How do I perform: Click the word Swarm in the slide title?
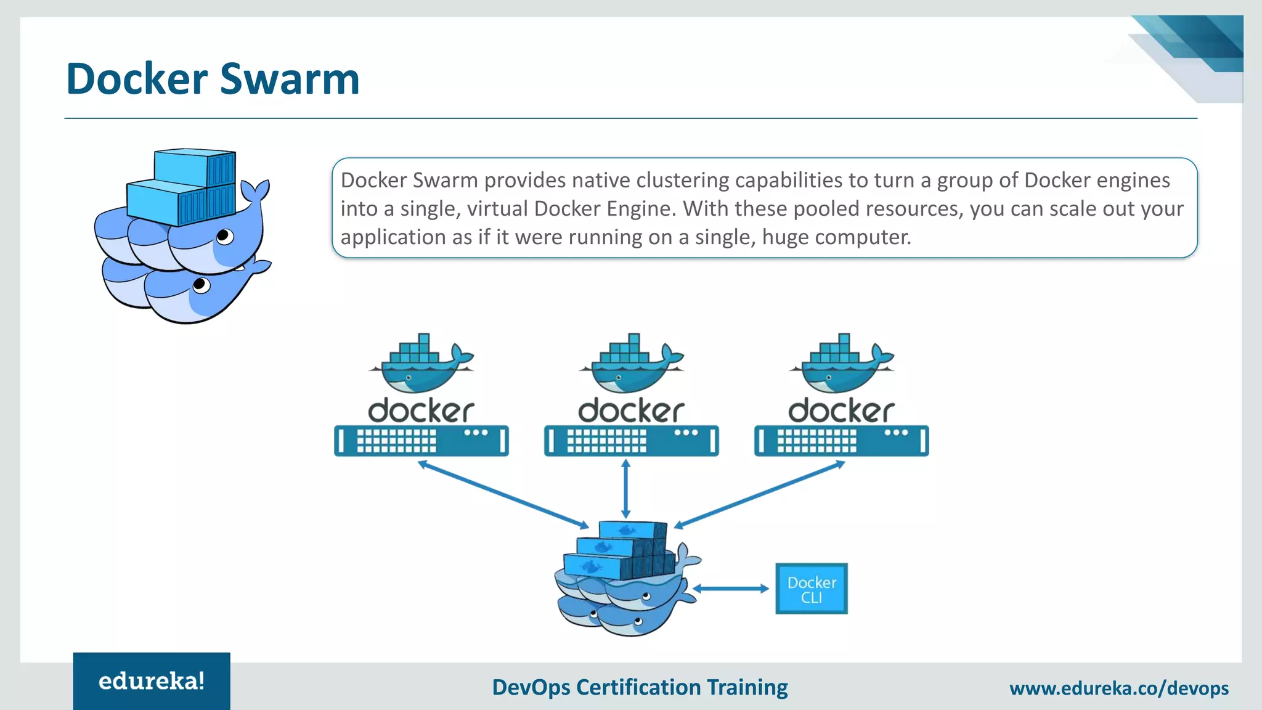tap(289, 80)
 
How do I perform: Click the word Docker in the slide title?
tap(137, 80)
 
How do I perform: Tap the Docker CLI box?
tap(811, 589)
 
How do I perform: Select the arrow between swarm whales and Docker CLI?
tap(731, 589)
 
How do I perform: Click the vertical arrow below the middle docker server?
tap(626, 489)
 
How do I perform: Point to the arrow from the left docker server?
tap(503, 494)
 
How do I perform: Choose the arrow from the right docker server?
tap(760, 494)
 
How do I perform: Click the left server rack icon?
tap(421, 441)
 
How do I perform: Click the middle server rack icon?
tap(632, 441)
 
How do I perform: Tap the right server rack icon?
tap(842, 441)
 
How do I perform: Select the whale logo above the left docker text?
tap(421, 364)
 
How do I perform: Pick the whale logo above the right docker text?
tap(842, 364)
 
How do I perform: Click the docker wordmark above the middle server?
tap(632, 410)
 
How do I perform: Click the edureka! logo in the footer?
tap(152, 681)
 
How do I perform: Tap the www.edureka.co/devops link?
tap(1119, 688)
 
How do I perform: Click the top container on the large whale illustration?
tap(195, 167)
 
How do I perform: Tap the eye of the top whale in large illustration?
tap(224, 236)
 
